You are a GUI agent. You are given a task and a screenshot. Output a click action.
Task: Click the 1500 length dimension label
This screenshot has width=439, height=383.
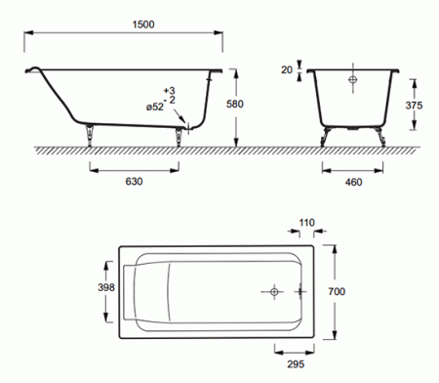pos(143,24)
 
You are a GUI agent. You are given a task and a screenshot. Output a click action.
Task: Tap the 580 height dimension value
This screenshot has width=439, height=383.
pos(235,105)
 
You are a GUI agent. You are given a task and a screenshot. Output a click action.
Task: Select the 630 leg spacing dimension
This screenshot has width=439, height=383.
pos(134,182)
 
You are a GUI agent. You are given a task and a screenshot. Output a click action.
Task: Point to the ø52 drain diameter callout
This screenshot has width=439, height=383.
pos(155,106)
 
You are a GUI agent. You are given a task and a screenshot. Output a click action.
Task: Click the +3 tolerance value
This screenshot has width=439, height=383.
pos(169,90)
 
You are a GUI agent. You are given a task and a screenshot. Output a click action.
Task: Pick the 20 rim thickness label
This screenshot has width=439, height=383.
pos(287,70)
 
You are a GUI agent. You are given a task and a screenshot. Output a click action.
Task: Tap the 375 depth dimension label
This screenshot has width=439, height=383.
pos(414,106)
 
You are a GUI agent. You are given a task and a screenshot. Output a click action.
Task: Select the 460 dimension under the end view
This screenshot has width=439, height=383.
pos(353,182)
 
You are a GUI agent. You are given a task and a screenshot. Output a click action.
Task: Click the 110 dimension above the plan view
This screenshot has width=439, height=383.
pos(306,223)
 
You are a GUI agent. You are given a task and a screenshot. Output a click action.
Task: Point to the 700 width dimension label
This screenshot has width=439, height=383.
pos(337,291)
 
